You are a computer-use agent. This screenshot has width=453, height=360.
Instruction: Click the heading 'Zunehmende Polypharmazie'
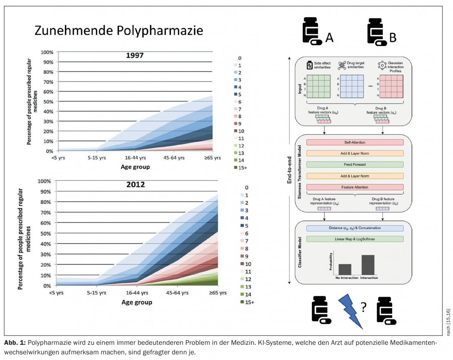point(119,31)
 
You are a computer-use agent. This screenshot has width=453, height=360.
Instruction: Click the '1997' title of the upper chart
point(135,56)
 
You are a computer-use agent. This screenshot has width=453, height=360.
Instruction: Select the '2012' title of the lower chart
point(135,184)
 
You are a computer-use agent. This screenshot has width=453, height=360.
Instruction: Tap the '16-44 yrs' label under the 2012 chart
point(135,293)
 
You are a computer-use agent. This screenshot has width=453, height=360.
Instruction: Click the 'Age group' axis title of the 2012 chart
point(136,302)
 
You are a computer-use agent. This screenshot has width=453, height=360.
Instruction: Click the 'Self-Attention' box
point(355,142)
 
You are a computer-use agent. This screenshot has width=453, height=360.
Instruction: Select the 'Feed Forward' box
point(355,165)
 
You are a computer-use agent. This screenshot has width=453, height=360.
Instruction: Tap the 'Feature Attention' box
point(355,187)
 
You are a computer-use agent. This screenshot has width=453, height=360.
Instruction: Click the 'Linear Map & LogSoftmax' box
point(355,239)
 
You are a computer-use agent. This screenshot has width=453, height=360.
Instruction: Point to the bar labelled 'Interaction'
point(368,265)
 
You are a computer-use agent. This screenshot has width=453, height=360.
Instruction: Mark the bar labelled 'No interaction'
point(345,269)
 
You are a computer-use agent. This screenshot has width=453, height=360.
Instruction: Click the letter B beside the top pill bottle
point(393,38)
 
